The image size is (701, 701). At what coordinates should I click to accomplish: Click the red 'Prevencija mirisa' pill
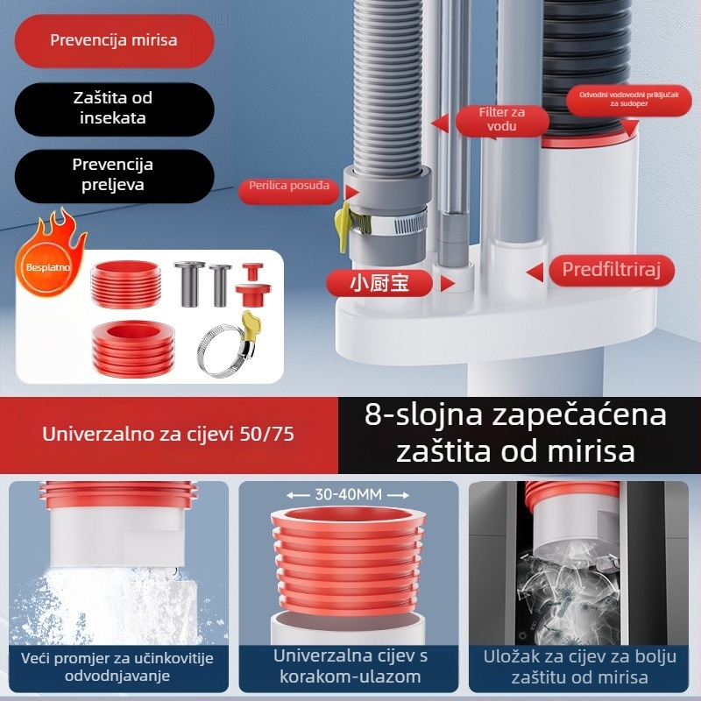coord(114,40)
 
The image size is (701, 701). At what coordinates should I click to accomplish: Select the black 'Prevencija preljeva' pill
coord(113,174)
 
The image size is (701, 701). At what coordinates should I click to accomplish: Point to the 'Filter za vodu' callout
coord(501,119)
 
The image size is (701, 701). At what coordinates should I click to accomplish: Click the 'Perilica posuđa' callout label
coord(289,186)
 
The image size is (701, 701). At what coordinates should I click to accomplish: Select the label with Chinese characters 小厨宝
coord(379,282)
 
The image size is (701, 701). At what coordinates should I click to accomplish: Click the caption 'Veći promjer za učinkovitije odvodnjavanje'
coord(118,667)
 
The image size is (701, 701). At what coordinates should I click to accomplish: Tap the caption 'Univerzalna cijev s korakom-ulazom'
coord(350,666)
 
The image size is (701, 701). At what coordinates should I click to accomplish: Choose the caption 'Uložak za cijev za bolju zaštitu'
coord(578,667)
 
